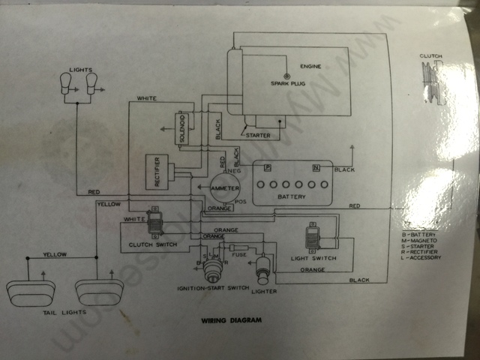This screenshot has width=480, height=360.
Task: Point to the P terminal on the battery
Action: tap(268, 168)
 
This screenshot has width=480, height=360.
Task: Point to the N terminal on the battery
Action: tap(316, 168)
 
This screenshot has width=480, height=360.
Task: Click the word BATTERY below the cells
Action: tap(291, 197)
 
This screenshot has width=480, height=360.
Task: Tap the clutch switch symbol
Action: tap(155, 222)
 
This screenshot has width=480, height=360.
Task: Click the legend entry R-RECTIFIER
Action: tap(421, 251)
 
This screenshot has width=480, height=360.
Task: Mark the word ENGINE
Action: tap(310, 66)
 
